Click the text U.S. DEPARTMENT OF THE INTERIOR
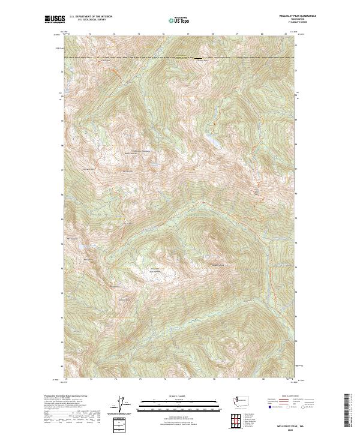pyautogui.click(x=91, y=16)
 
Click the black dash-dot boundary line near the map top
pyautogui.click(x=180, y=58)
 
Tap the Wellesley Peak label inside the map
pyautogui.click(x=217, y=265)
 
